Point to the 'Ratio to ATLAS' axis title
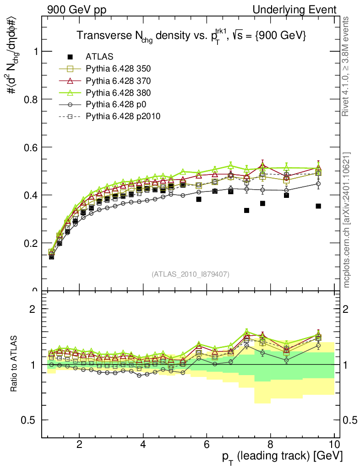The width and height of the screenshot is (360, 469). pyautogui.click(x=15, y=364)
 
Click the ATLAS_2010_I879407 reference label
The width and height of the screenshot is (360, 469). pyautogui.click(x=191, y=274)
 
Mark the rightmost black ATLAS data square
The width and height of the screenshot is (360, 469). pyautogui.click(x=318, y=206)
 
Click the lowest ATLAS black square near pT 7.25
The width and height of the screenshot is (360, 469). pyautogui.click(x=246, y=210)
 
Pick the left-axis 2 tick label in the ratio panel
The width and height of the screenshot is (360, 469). pyautogui.click(x=33, y=309)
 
